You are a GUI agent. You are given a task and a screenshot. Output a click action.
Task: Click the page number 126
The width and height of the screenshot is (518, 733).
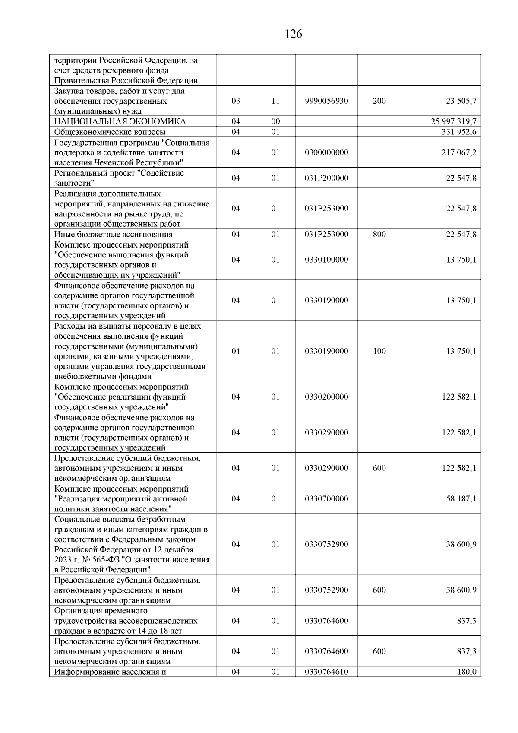click(x=294, y=34)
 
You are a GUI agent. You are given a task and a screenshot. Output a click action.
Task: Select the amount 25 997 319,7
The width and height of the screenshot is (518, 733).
click(x=453, y=121)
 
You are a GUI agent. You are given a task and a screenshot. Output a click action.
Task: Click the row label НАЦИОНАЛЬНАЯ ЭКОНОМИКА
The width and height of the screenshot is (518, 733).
click(x=120, y=121)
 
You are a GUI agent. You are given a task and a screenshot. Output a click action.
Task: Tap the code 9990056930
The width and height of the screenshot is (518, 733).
click(x=326, y=101)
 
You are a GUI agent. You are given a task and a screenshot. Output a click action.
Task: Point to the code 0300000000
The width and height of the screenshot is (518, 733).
click(x=326, y=152)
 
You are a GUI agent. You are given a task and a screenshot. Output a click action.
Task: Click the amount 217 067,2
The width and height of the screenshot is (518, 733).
click(x=459, y=152)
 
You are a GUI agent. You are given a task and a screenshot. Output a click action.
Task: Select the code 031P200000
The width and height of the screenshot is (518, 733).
click(x=326, y=178)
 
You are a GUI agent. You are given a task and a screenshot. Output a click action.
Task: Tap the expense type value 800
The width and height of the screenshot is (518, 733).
click(x=379, y=234)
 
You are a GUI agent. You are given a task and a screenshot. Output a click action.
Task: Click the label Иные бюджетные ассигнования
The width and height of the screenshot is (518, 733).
click(x=113, y=235)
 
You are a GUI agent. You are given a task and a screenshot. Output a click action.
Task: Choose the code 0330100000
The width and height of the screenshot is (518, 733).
click(x=326, y=260)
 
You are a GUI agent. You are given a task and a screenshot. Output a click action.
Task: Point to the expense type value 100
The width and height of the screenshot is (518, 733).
click(x=379, y=351)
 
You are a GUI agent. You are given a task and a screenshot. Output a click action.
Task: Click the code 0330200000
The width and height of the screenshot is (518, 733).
click(x=326, y=397)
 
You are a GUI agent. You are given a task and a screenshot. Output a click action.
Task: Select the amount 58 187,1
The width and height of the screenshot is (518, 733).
click(x=461, y=498)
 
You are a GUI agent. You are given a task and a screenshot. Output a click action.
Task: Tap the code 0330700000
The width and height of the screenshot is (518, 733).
click(x=326, y=498)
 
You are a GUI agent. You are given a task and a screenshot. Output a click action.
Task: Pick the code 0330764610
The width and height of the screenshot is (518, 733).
click(x=326, y=684)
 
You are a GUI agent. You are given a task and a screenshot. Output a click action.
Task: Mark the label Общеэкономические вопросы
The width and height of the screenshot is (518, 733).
click(x=110, y=132)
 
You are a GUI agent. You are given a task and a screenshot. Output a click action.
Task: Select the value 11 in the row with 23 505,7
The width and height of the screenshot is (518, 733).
click(x=275, y=101)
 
